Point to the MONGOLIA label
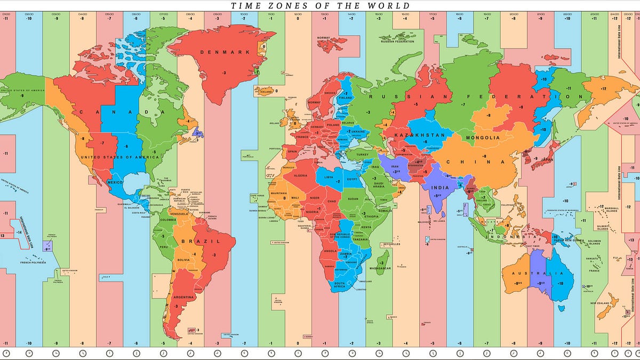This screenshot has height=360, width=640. pos(483,138)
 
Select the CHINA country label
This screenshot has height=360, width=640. pos(475,162)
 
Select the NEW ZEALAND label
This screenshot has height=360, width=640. pos(600,303)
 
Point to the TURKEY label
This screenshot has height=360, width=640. pos(363,154)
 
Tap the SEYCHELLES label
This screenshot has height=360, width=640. pos(391,244)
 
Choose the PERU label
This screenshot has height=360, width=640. pos(164,247)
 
